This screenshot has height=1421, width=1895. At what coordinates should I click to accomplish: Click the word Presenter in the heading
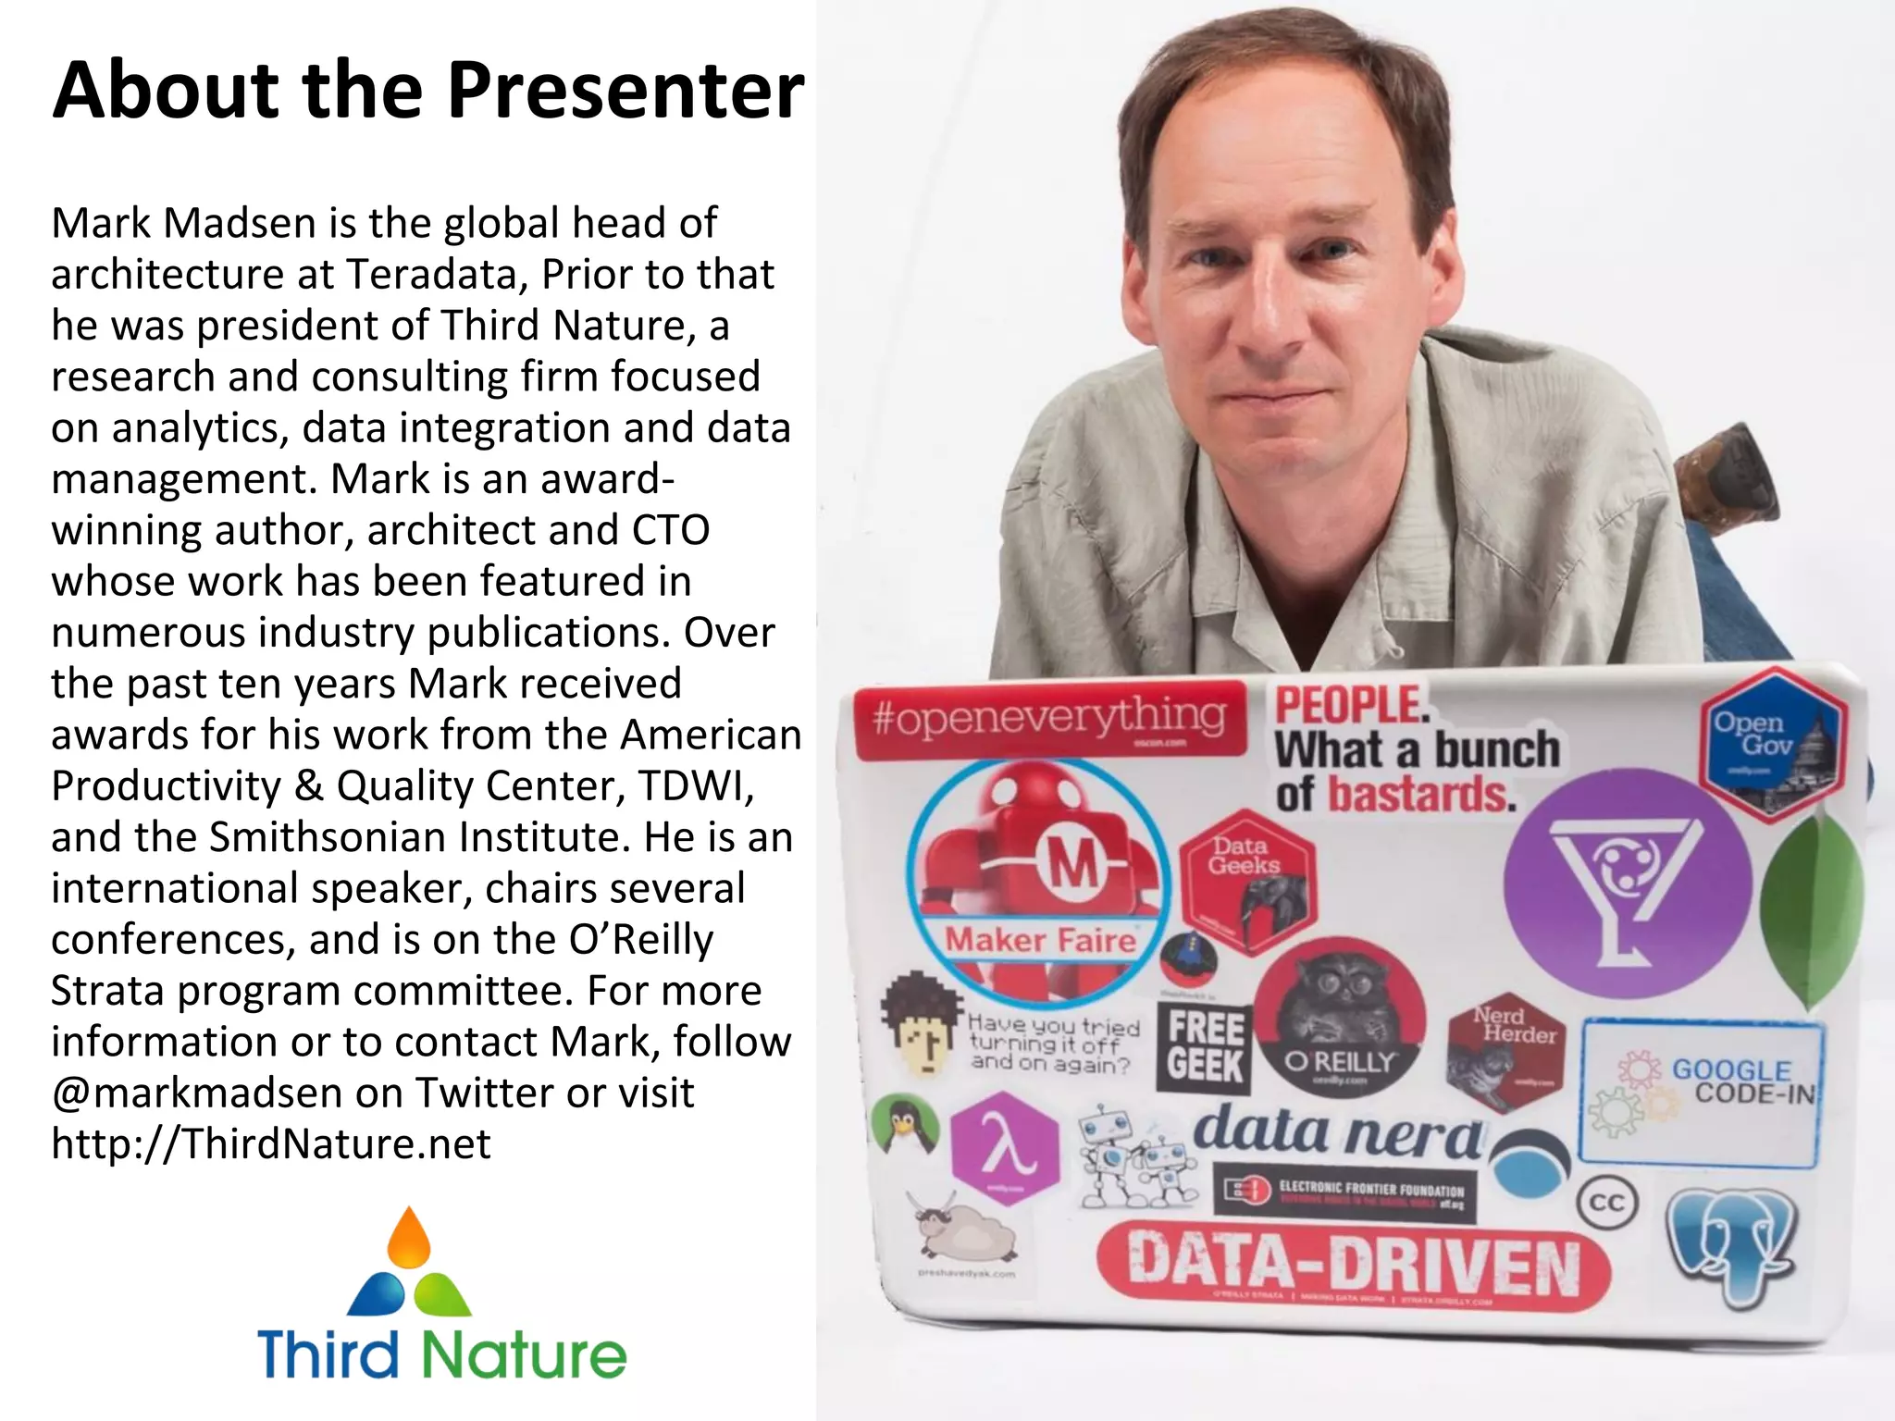625,91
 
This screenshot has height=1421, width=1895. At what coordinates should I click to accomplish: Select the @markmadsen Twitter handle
196,1093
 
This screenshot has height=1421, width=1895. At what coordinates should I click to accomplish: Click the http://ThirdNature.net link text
270,1144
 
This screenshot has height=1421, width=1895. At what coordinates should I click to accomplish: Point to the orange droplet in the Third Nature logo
409,1237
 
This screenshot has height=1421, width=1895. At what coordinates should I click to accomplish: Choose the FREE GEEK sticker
1205,1047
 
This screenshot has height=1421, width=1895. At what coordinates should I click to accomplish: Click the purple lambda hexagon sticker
1005,1148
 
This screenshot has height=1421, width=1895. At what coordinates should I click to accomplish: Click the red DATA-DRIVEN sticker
1353,1265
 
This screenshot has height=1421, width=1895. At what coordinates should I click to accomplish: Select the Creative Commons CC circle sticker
1606,1203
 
